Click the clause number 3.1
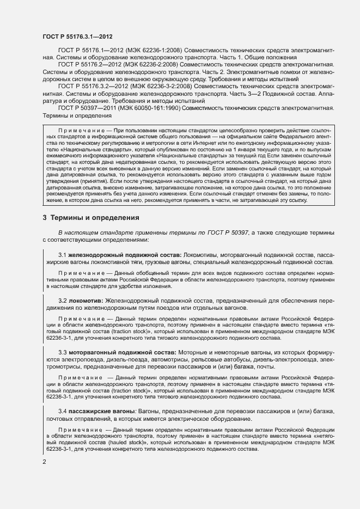click(62, 255)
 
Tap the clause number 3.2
click(62, 300)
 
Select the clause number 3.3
click(62, 352)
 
